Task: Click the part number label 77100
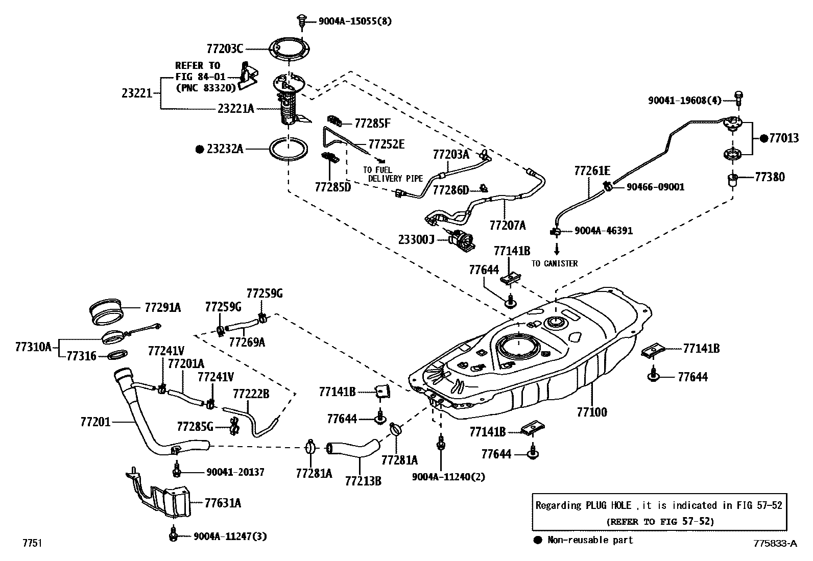click(592, 412)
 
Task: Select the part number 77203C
click(224, 49)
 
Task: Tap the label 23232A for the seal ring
click(225, 149)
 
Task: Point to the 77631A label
click(223, 503)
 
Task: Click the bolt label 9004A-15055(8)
click(355, 21)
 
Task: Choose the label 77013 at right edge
click(784, 138)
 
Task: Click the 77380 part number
click(770, 177)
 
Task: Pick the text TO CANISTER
click(554, 263)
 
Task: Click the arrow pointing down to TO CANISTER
click(557, 249)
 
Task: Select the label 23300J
click(416, 238)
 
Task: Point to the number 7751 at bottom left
click(32, 543)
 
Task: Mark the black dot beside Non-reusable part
click(537, 540)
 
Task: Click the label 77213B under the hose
click(363, 480)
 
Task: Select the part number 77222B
click(251, 394)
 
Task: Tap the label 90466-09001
click(655, 187)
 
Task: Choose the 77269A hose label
click(247, 342)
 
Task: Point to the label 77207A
click(507, 225)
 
